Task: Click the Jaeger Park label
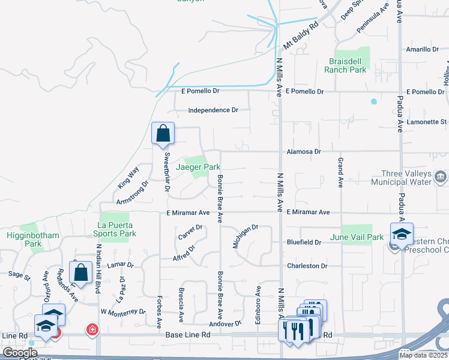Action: coord(198,167)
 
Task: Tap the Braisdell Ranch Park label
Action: coord(345,65)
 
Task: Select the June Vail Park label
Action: coord(357,238)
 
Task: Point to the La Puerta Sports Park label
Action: coord(113,230)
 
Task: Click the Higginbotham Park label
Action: coord(33,240)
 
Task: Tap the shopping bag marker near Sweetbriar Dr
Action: coord(163,134)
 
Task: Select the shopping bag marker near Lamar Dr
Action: coord(80,272)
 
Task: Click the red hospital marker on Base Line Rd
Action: coord(92,329)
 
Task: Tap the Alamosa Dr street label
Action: coord(304,152)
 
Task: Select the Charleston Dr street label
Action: coord(307,266)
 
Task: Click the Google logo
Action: coord(20,353)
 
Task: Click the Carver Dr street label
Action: coord(190,232)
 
